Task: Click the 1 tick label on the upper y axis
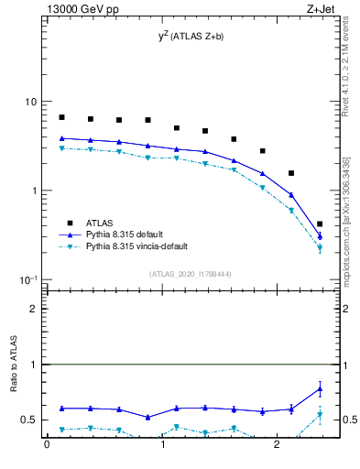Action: (36, 191)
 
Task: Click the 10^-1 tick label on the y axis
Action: (30, 279)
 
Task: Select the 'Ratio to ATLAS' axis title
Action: (15, 364)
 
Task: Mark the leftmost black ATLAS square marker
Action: (61, 117)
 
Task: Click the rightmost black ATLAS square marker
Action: (319, 224)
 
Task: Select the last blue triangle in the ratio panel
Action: (319, 388)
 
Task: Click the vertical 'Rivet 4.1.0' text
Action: (349, 73)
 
